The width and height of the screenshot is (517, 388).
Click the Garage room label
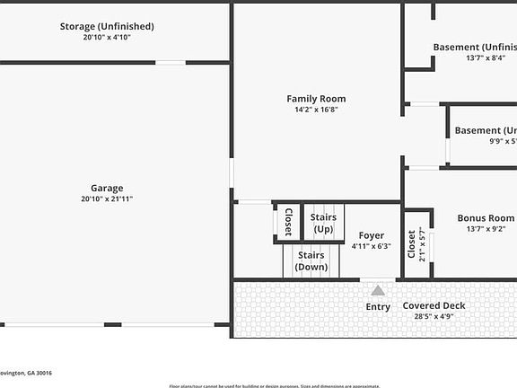(x=107, y=188)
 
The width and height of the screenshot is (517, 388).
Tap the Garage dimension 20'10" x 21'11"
(x=107, y=198)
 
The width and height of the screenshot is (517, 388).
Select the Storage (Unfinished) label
(x=107, y=26)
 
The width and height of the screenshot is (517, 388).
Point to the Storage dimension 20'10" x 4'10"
(x=107, y=38)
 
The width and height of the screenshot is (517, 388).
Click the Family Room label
(x=316, y=99)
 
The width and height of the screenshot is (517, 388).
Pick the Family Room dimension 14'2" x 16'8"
(x=316, y=110)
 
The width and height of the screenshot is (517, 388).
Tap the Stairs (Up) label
(x=322, y=224)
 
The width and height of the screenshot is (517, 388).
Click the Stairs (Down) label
(x=311, y=260)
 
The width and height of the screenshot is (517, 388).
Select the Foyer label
(x=372, y=235)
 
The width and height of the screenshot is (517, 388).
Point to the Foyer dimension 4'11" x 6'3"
(x=372, y=246)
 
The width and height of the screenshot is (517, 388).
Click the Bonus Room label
(x=486, y=217)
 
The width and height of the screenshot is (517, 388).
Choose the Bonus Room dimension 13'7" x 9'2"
(x=486, y=229)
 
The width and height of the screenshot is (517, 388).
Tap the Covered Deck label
(x=434, y=305)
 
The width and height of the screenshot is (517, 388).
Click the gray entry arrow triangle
(x=378, y=290)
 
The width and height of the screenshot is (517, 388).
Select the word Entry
(x=378, y=307)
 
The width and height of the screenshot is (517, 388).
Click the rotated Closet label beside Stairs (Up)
(x=288, y=223)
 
